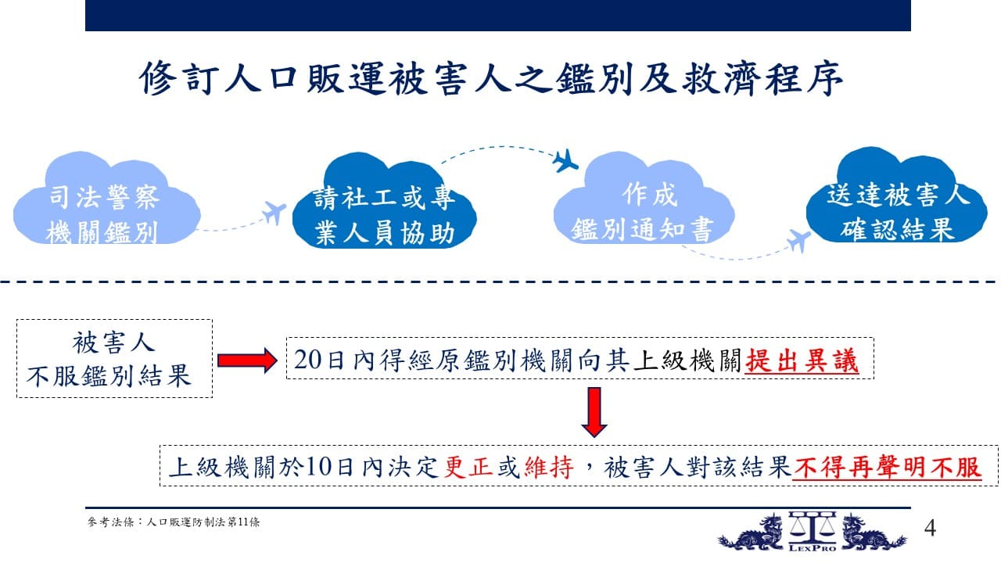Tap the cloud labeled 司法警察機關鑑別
point(106,199)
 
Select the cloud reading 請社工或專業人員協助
point(384,201)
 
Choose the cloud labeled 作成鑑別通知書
point(644,199)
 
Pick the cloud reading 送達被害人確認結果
point(896,196)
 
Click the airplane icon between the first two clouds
point(274,212)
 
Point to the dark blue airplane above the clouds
point(565,161)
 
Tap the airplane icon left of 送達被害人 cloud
point(798,240)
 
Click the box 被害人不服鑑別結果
point(114,358)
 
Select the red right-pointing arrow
point(247,360)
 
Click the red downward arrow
point(594,412)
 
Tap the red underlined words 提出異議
point(802,360)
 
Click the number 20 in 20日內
point(307,360)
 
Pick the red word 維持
point(549,468)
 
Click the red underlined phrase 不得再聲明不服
point(887,468)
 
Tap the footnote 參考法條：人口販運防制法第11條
point(174,522)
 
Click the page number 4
point(930,528)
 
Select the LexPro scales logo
point(813,531)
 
